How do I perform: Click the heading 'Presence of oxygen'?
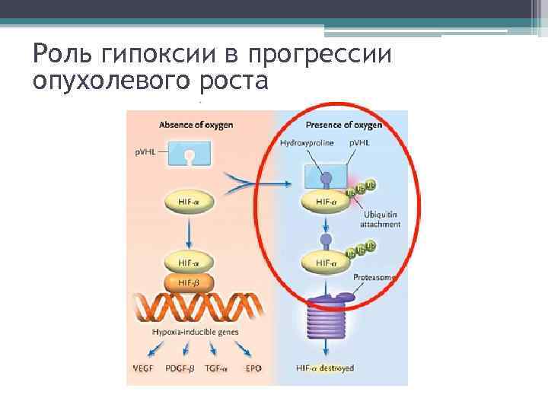(343, 124)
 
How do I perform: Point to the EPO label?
(253, 368)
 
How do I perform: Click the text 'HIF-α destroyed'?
(325, 368)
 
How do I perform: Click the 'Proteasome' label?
(373, 279)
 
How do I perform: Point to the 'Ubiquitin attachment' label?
(378, 218)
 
